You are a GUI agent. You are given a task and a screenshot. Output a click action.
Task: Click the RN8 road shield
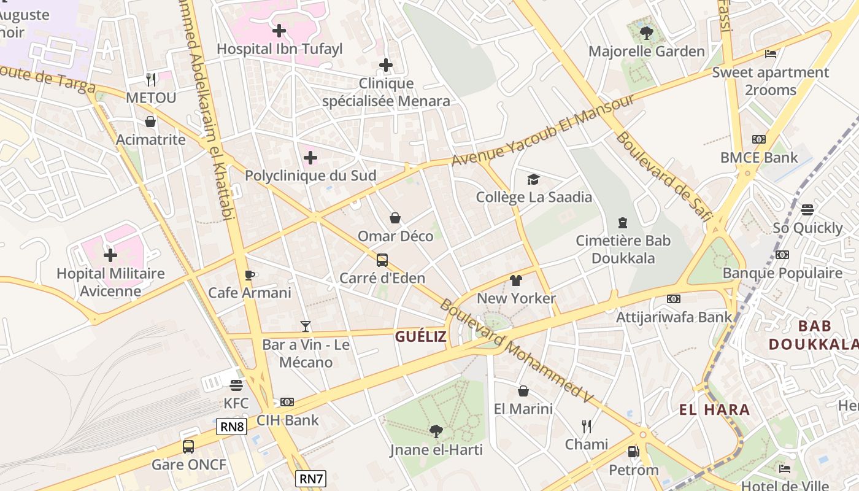231,427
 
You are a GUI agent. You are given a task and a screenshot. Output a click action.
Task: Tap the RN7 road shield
310,478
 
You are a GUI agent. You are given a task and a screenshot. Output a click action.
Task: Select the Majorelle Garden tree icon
646,33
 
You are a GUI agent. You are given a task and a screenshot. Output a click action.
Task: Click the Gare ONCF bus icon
188,446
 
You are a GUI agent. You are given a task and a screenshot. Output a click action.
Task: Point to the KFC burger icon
236,385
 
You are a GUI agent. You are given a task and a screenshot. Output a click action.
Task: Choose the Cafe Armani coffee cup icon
249,274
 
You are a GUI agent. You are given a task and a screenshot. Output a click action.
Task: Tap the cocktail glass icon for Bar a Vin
306,326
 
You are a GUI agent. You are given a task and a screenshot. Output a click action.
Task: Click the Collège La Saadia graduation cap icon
534,179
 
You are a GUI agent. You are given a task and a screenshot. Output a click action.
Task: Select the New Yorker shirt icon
516,280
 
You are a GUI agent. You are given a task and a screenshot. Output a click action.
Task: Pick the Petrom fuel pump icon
633,452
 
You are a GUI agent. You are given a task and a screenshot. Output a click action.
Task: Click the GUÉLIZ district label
420,336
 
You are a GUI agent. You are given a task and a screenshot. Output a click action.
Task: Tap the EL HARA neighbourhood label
714,409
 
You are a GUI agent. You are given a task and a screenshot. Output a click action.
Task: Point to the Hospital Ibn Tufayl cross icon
279,30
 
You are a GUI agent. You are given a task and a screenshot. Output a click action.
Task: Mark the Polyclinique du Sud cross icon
310,158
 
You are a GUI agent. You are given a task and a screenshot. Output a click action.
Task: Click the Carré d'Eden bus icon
382,260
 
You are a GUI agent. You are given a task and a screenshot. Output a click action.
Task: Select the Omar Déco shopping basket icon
395,218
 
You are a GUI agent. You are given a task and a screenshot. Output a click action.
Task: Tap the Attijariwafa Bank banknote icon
674,299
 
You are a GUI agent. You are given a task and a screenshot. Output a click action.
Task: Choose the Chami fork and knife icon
587,426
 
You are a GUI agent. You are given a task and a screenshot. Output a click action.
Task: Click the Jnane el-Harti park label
436,450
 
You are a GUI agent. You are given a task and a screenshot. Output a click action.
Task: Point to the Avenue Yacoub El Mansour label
542,130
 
